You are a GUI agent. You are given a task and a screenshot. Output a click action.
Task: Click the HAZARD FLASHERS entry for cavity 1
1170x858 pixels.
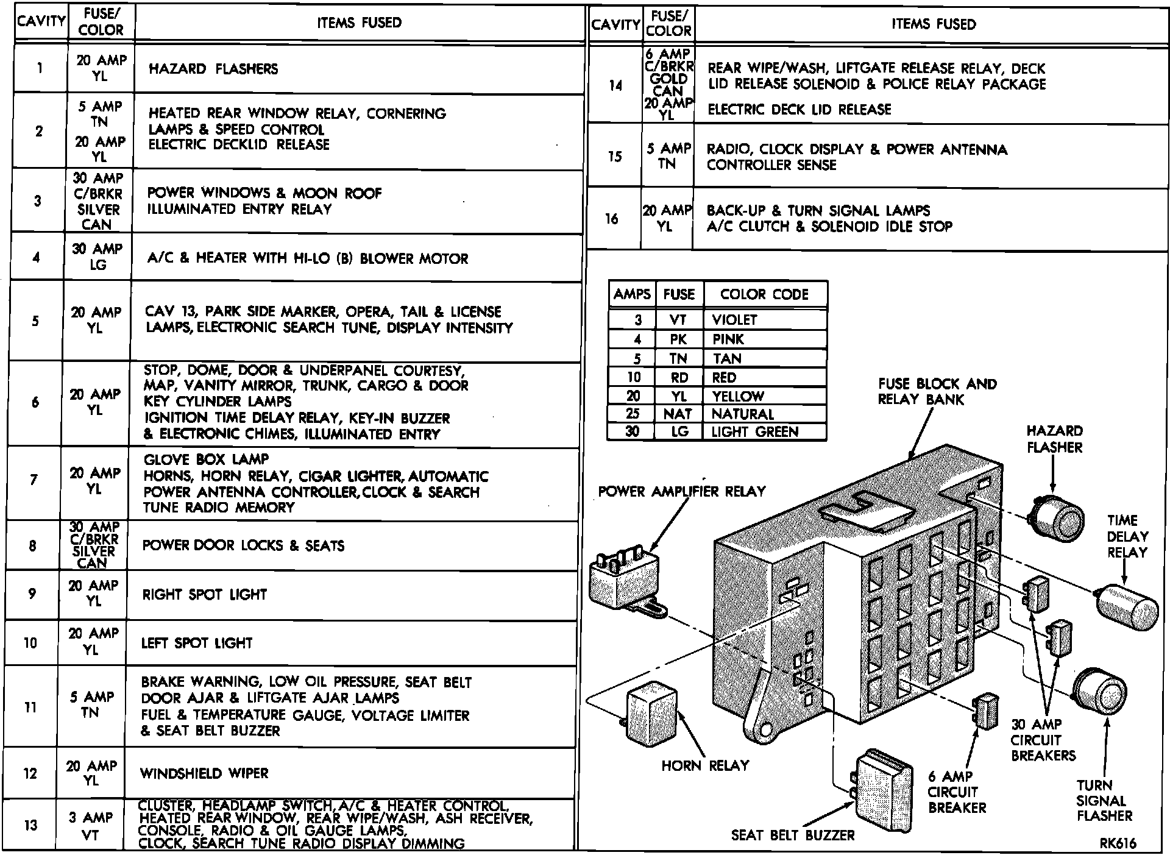pyautogui.click(x=213, y=69)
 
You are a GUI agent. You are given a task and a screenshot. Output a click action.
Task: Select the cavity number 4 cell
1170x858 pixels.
pyautogui.click(x=37, y=257)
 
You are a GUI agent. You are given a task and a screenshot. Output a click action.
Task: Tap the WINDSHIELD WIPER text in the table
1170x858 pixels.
pyautogui.click(x=204, y=773)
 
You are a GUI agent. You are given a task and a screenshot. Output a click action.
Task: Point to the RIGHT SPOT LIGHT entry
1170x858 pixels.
pyautogui.click(x=205, y=594)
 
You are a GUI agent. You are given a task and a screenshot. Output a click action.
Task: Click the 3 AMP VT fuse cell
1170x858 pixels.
pyautogui.click(x=90, y=826)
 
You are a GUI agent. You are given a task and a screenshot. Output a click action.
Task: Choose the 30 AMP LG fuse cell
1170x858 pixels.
pyautogui.click(x=97, y=257)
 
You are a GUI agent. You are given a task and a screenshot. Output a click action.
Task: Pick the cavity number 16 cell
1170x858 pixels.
pyautogui.click(x=612, y=219)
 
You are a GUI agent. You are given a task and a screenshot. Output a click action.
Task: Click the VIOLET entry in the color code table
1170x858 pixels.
pyautogui.click(x=734, y=320)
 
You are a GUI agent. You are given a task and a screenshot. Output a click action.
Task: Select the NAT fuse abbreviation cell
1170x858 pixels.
pyautogui.click(x=678, y=414)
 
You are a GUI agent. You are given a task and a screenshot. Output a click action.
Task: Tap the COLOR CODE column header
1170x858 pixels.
pyautogui.click(x=764, y=294)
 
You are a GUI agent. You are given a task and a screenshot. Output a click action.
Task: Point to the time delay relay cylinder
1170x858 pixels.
pyautogui.click(x=1127, y=608)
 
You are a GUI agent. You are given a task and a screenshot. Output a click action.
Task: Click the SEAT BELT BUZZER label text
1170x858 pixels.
pyautogui.click(x=793, y=835)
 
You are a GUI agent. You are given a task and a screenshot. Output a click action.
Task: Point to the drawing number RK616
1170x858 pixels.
pyautogui.click(x=1118, y=843)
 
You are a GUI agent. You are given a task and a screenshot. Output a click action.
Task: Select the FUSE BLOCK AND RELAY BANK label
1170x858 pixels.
pyautogui.click(x=937, y=392)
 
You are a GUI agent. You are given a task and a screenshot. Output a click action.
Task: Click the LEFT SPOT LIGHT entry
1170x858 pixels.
pyautogui.click(x=196, y=643)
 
